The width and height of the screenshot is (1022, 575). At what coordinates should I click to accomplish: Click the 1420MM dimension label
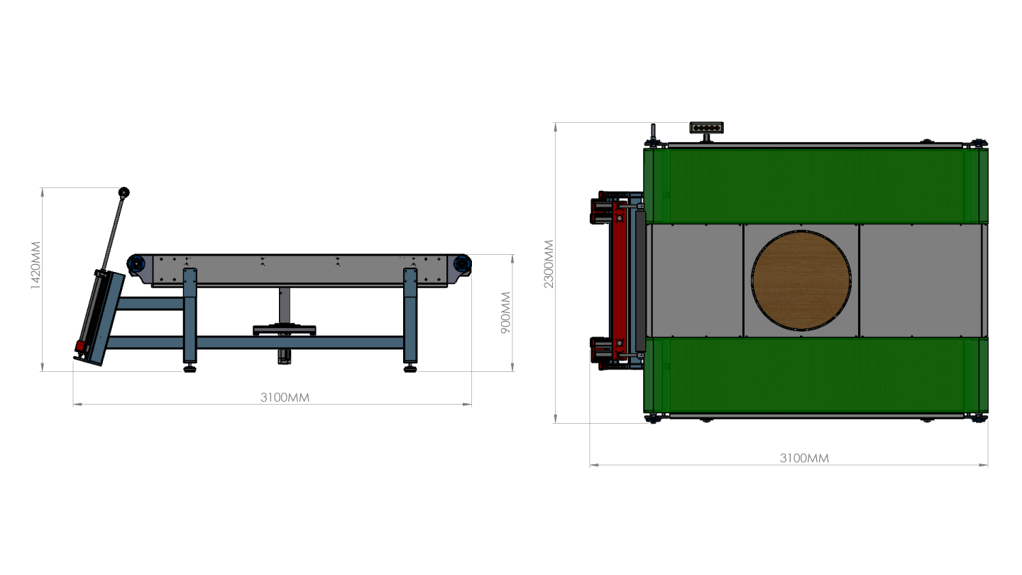click(x=35, y=265)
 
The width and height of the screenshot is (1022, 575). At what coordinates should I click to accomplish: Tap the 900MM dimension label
click(x=506, y=312)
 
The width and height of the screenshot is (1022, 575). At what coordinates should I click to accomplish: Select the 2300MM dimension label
click(x=549, y=264)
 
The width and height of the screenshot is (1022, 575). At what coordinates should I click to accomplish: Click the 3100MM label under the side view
click(x=285, y=398)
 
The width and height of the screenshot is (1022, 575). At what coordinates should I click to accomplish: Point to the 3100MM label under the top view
click(x=804, y=458)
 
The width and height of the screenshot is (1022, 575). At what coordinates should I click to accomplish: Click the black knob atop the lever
click(x=124, y=192)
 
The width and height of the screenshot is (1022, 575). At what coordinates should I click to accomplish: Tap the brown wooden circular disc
click(x=801, y=280)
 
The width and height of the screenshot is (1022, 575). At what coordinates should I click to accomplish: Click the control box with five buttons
click(x=706, y=127)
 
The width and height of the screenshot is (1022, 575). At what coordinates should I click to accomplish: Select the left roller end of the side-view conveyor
click(x=136, y=264)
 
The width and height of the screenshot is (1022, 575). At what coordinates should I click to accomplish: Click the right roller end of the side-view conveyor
click(x=462, y=264)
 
